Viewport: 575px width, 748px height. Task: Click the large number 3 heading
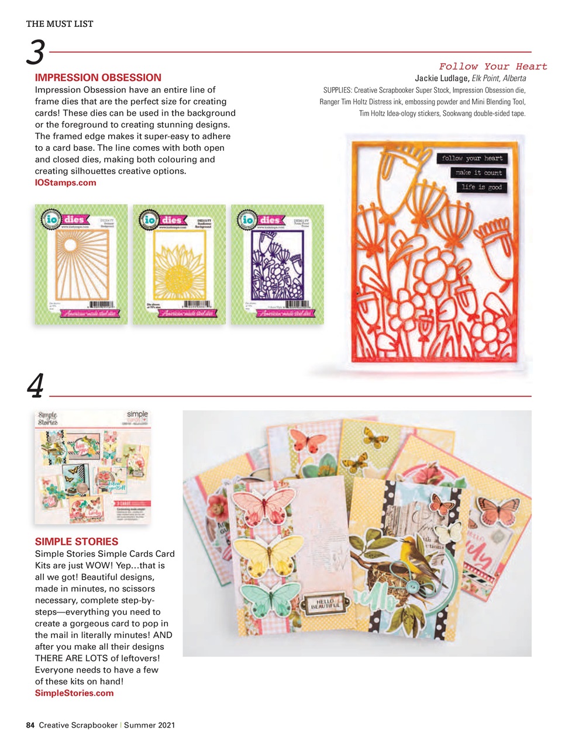(36, 53)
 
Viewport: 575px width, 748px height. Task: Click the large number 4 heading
(35, 386)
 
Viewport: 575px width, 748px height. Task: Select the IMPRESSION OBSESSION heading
(98, 78)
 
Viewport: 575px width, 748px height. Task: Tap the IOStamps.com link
(66, 183)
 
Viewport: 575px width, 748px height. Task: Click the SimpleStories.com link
(74, 693)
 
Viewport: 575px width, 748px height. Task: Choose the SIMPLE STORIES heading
(77, 542)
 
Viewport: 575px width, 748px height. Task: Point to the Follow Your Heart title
(493, 67)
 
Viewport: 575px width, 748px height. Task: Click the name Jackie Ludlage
(442, 78)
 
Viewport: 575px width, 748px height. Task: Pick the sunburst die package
(81, 264)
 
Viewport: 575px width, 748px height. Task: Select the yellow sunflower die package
(179, 264)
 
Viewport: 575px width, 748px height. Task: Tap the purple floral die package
(277, 264)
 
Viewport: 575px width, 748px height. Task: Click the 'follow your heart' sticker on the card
(472, 158)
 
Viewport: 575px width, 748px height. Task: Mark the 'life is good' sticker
(481, 187)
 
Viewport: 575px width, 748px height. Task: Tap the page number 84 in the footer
(30, 725)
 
